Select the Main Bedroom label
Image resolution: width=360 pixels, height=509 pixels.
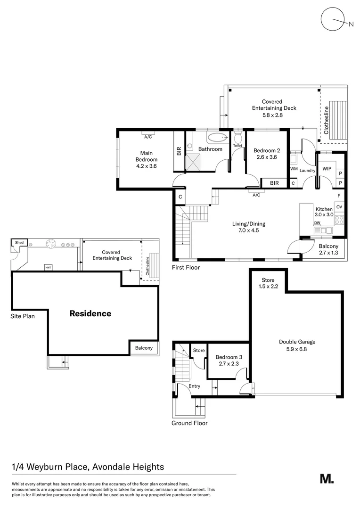pyautogui.click(x=146, y=159)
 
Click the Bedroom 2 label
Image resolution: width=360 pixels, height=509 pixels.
pyautogui.click(x=267, y=154)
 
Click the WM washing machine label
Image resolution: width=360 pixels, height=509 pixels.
pyautogui.click(x=294, y=169)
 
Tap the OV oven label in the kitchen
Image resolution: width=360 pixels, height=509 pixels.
pyautogui.click(x=339, y=207)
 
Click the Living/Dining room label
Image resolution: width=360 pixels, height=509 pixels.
pyautogui.click(x=248, y=227)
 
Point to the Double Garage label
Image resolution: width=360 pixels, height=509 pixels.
pyautogui.click(x=297, y=345)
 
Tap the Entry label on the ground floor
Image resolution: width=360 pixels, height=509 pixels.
pyautogui.click(x=194, y=386)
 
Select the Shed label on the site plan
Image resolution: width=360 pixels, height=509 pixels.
pyautogui.click(x=19, y=242)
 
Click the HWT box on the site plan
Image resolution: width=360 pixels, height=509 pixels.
pyautogui.click(x=48, y=267)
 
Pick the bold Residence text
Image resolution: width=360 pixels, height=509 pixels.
pyautogui.click(x=90, y=313)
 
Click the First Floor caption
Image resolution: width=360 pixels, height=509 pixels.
pyautogui.click(x=186, y=268)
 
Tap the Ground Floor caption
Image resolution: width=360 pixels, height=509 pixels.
pyautogui.click(x=189, y=423)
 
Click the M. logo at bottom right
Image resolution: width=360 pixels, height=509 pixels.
pyautogui.click(x=327, y=478)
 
